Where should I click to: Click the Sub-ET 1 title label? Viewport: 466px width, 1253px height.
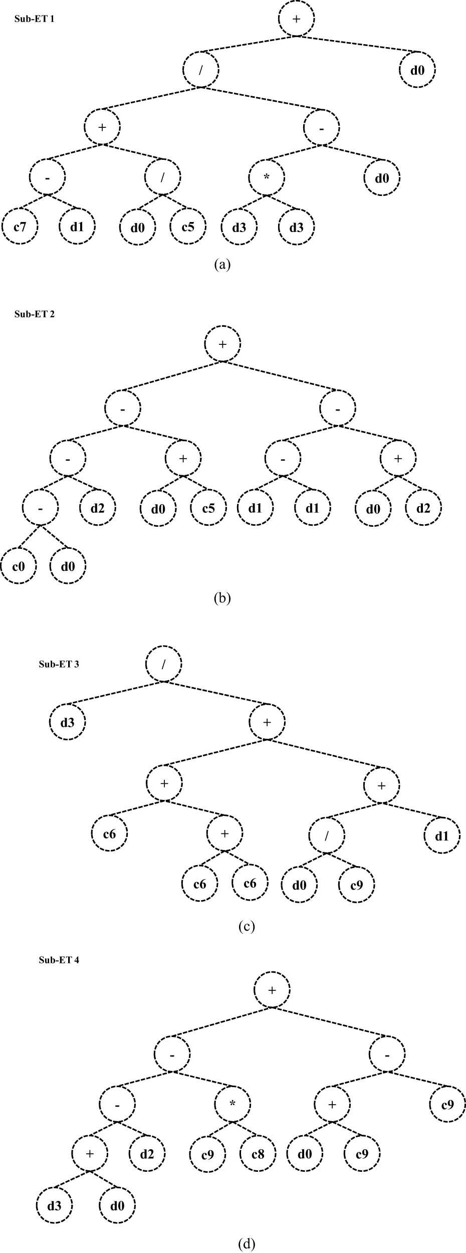[x=35, y=19]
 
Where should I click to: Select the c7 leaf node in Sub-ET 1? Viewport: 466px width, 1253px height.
[x=20, y=227]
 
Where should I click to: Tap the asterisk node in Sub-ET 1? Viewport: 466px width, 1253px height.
[x=267, y=177]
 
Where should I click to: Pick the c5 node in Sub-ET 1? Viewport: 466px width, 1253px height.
[x=188, y=227]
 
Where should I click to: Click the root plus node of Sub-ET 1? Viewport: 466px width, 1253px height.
[x=297, y=19]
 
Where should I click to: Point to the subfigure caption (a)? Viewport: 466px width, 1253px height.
[x=222, y=264]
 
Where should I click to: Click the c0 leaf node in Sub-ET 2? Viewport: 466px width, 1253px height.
[x=19, y=566]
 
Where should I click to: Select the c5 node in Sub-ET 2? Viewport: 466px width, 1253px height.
[x=208, y=509]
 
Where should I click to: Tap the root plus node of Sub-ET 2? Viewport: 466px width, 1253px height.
[x=222, y=344]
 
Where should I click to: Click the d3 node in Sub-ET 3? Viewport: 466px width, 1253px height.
[x=68, y=722]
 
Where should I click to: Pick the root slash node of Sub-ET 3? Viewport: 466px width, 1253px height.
[x=164, y=664]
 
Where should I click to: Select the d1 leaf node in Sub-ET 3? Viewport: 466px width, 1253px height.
[x=441, y=836]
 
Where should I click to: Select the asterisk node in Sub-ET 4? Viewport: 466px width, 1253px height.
[x=232, y=1104]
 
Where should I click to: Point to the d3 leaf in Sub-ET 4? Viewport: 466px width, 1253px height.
[x=54, y=1205]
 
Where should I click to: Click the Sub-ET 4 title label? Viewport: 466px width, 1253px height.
[x=59, y=960]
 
